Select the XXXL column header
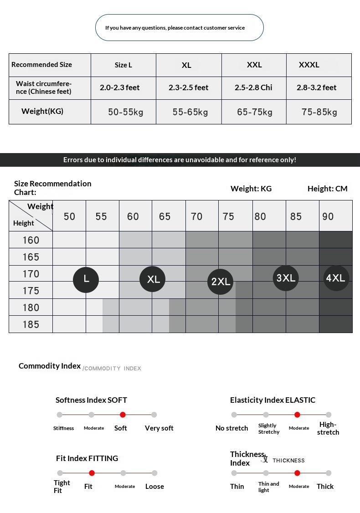pyautogui.click(x=309, y=65)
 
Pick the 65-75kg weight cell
pyautogui.click(x=255, y=112)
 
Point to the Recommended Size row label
pyautogui.click(x=41, y=65)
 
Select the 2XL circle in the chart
pyautogui.click(x=221, y=282)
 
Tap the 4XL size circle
pyautogui.click(x=336, y=278)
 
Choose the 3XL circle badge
pyautogui.click(x=286, y=278)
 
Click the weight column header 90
pyautogui.click(x=328, y=216)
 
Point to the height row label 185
pyautogui.click(x=31, y=324)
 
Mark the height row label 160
pyautogui.click(x=31, y=240)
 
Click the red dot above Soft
pyautogui.click(x=123, y=415)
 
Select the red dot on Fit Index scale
pyautogui.click(x=92, y=473)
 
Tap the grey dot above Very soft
pyautogui.click(x=154, y=415)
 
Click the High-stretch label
pyautogui.click(x=328, y=429)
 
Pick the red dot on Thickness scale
pyautogui.click(x=297, y=473)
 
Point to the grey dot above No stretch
pyautogui.click(x=234, y=415)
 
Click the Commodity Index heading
pyautogui.click(x=50, y=366)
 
